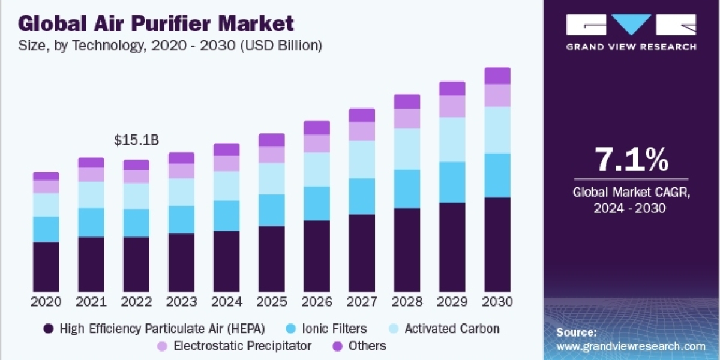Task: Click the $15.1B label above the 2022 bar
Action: click(136, 140)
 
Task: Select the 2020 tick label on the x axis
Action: click(46, 301)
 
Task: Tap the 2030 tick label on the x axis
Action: click(497, 301)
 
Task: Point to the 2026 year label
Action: click(317, 301)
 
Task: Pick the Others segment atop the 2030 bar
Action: click(497, 76)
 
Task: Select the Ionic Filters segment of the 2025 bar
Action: click(272, 210)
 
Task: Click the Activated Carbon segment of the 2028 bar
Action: click(407, 149)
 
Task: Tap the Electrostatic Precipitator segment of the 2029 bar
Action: click(452, 106)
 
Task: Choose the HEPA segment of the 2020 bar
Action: click(46, 266)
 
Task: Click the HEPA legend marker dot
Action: click(49, 329)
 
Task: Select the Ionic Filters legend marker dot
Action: click(290, 329)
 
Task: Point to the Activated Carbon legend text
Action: click(452, 329)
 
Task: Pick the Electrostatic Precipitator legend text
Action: click(242, 346)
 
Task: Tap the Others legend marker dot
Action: click(338, 346)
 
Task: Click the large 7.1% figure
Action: click(631, 160)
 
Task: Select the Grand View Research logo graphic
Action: click(631, 26)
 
